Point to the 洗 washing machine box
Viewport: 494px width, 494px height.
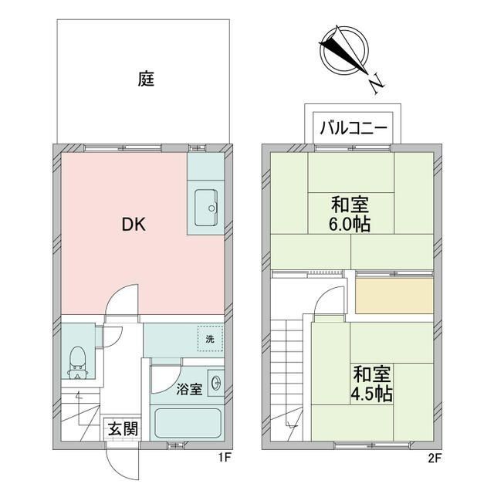point(208,338)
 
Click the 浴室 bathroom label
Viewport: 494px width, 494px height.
point(189,388)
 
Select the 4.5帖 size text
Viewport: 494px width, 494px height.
point(373,394)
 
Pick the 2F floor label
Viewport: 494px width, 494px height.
point(434,458)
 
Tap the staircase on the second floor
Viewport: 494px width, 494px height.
point(291,363)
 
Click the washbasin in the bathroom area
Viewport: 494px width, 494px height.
point(215,381)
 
